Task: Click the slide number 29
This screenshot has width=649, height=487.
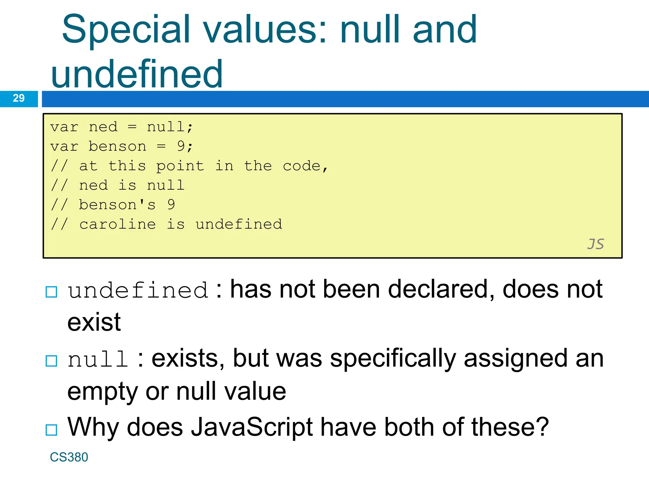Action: [x=19, y=98]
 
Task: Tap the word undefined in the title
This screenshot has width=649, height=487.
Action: [x=137, y=75]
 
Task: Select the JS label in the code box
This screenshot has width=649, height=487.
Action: [x=595, y=244]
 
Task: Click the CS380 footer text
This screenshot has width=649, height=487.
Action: [x=69, y=457]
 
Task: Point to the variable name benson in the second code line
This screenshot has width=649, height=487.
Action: [x=117, y=146]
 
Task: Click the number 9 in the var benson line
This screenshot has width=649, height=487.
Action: [x=181, y=146]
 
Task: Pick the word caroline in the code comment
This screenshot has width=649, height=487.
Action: [x=117, y=224]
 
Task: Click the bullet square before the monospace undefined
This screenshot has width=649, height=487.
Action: [x=51, y=292]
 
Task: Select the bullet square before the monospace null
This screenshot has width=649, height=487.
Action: [x=51, y=361]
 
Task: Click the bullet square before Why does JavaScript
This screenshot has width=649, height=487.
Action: [x=51, y=430]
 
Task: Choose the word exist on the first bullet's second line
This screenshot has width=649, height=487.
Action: [x=94, y=322]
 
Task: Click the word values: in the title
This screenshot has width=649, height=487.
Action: [x=265, y=30]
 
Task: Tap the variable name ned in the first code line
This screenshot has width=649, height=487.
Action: [x=103, y=127]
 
